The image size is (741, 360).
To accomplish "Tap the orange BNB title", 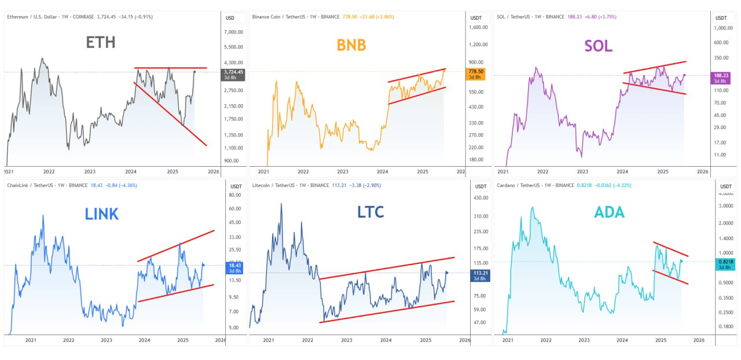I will tap(351, 45).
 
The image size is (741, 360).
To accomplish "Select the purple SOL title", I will tap(599, 46).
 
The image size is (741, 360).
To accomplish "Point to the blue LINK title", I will tap(101, 214).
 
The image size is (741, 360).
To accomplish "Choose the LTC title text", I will tap(370, 212).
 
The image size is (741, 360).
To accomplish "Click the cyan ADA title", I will tap(610, 212).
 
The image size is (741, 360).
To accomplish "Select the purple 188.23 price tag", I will tap(721, 78).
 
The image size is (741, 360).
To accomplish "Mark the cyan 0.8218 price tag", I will tap(724, 265).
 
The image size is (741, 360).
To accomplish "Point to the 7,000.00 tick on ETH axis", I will tap(234, 32).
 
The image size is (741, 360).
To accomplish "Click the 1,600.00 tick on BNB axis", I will tap(479, 27).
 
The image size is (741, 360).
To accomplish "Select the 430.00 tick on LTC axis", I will tap(480, 198).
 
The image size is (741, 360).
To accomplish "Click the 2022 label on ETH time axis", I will tap(49, 171).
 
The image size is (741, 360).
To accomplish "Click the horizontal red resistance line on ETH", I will tap(171, 68).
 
